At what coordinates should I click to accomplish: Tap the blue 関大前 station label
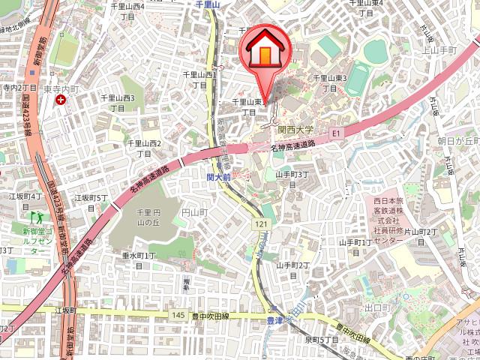coord(218,178)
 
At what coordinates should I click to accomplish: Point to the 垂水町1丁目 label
coord(139,260)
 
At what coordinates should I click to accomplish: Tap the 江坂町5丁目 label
coord(91,202)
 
